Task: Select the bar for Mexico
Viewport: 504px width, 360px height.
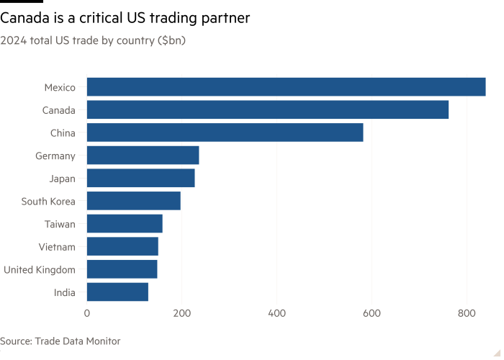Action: point(287,87)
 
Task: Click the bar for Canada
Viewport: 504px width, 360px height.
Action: point(268,110)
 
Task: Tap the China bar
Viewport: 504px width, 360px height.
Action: point(225,132)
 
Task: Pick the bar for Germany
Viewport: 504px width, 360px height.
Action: point(143,156)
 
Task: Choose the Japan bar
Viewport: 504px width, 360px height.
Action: point(141,178)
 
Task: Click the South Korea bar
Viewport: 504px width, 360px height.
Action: point(134,201)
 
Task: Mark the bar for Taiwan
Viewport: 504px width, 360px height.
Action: point(125,224)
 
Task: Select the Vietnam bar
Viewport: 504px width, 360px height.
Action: point(122,246)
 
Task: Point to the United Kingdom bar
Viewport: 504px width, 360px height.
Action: point(122,269)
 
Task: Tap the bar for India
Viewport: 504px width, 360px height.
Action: point(117,292)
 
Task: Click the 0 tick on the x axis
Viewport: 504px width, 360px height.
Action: point(87,313)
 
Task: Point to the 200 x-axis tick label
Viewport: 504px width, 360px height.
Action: point(182,313)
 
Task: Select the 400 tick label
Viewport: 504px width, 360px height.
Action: point(277,313)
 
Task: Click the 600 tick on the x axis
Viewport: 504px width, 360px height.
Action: point(372,313)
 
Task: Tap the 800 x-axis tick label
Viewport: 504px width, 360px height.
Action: point(467,313)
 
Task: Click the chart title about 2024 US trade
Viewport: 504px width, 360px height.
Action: point(94,41)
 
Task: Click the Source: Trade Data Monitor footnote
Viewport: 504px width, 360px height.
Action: point(60,341)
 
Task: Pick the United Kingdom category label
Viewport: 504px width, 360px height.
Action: point(39,269)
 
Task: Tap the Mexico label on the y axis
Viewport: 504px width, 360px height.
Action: point(60,87)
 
